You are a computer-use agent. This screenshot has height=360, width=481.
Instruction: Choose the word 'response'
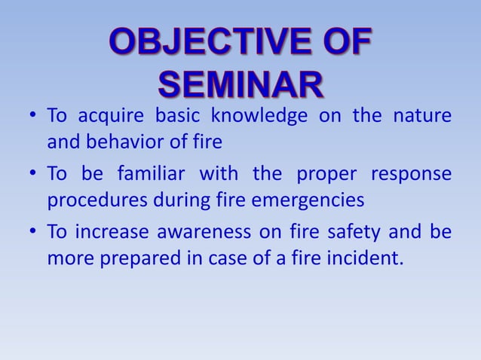411,175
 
